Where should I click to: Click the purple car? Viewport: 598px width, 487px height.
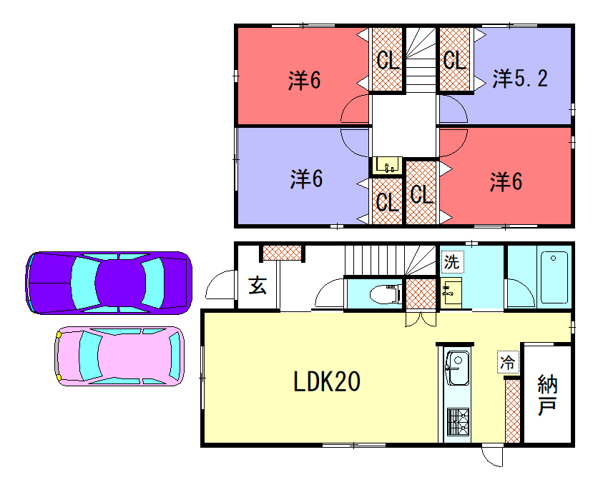[x=109, y=283]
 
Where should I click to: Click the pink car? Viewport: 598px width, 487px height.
[x=119, y=356]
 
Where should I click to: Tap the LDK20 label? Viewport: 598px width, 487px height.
[x=327, y=381]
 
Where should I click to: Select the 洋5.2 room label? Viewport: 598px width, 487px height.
[x=520, y=79]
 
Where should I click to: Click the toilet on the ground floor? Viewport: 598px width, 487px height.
[x=386, y=294]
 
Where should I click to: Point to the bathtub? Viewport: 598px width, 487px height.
[x=554, y=277]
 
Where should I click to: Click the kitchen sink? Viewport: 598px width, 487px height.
[x=457, y=368]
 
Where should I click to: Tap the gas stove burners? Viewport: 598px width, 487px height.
[x=458, y=421]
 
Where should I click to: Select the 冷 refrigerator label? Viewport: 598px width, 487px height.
[x=508, y=362]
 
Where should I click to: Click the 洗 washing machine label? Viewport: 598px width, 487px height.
[x=452, y=261]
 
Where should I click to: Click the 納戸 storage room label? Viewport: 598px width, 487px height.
[x=547, y=395]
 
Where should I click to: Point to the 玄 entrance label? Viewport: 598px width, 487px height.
[x=258, y=285]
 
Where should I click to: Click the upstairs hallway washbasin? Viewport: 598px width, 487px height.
[x=388, y=166]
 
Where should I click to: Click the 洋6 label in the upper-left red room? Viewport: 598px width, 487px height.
[x=304, y=81]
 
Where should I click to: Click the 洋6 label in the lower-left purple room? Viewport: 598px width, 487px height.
[x=306, y=179]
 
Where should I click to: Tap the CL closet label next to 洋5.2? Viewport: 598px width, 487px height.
[x=455, y=60]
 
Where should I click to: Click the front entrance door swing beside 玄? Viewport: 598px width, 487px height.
[x=221, y=284]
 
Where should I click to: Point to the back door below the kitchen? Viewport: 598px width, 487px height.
[x=492, y=456]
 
